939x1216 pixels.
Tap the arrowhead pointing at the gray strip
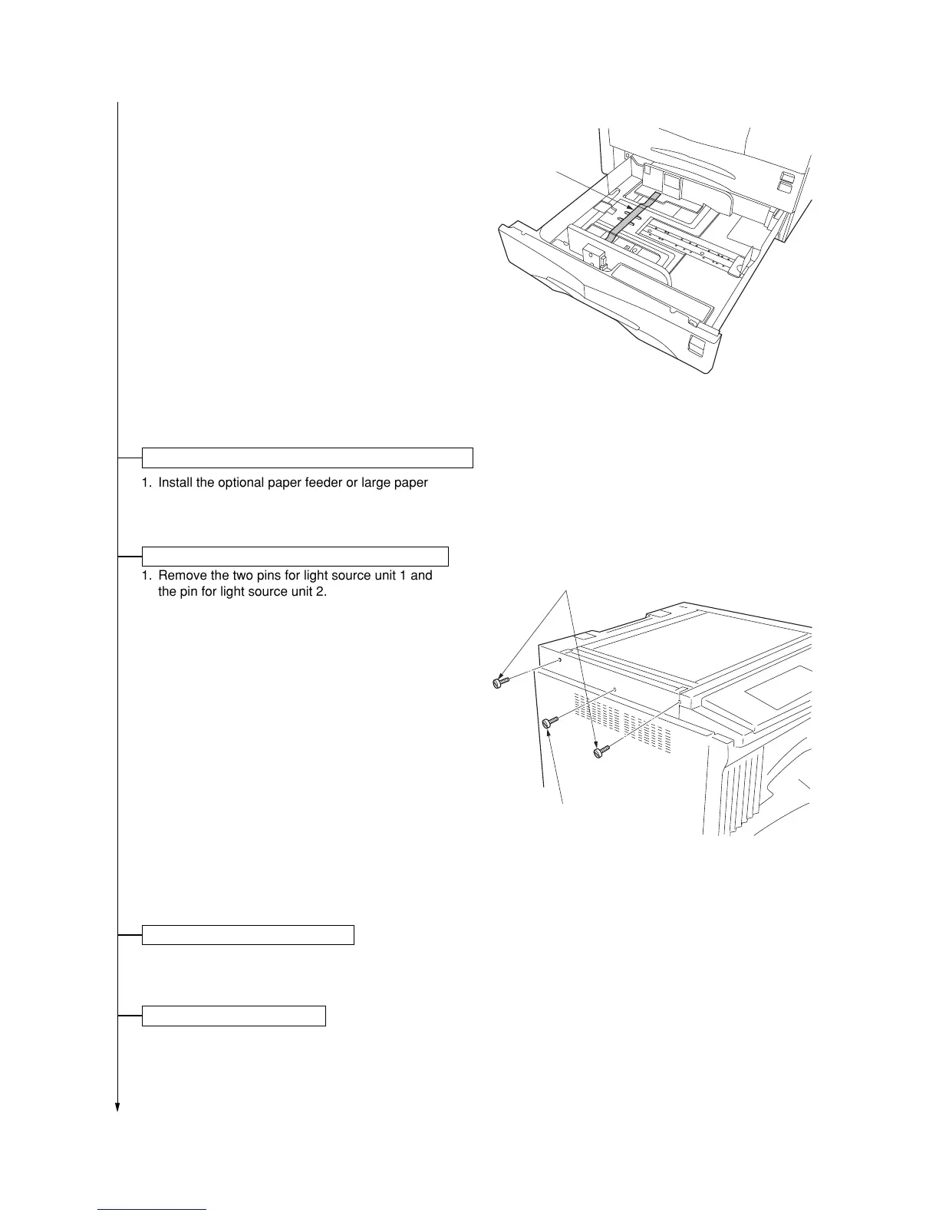pyautogui.click(x=630, y=207)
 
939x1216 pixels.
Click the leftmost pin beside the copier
pyautogui.click(x=499, y=682)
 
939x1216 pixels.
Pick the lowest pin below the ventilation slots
pyautogui.click(x=601, y=752)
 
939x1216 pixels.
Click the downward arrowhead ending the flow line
pyautogui.click(x=117, y=1106)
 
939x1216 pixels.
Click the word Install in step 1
pyautogui.click(x=176, y=483)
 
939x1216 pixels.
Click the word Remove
pyautogui.click(x=183, y=575)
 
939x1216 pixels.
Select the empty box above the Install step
pyautogui.click(x=307, y=458)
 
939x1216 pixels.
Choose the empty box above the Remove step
pyautogui.click(x=295, y=556)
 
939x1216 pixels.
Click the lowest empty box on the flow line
pyautogui.click(x=234, y=1016)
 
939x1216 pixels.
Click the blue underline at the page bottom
pyautogui.click(x=153, y=1209)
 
